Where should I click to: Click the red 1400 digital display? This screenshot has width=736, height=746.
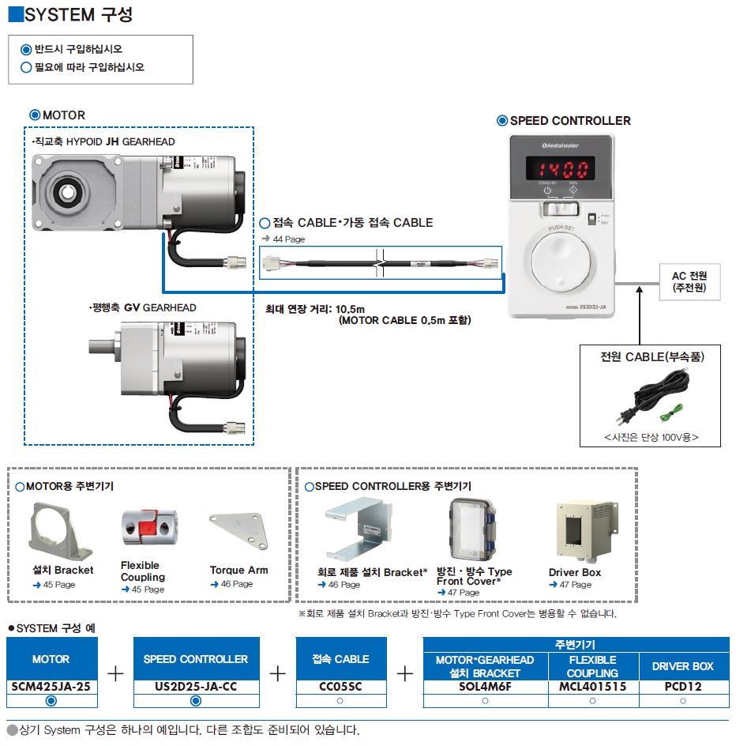[561, 169]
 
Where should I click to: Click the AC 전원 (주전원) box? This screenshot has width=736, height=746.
[689, 281]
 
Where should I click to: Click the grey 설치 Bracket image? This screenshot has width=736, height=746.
[60, 530]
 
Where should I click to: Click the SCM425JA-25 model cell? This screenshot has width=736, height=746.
[51, 686]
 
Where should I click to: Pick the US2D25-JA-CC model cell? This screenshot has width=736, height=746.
[196, 686]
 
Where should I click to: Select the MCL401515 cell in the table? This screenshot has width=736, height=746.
[592, 686]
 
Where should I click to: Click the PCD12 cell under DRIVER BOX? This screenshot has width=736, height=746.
[682, 686]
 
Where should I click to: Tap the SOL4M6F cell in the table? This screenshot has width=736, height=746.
[485, 686]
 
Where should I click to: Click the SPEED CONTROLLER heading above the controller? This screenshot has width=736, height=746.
[569, 121]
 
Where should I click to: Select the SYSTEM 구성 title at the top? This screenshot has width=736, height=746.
[78, 15]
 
